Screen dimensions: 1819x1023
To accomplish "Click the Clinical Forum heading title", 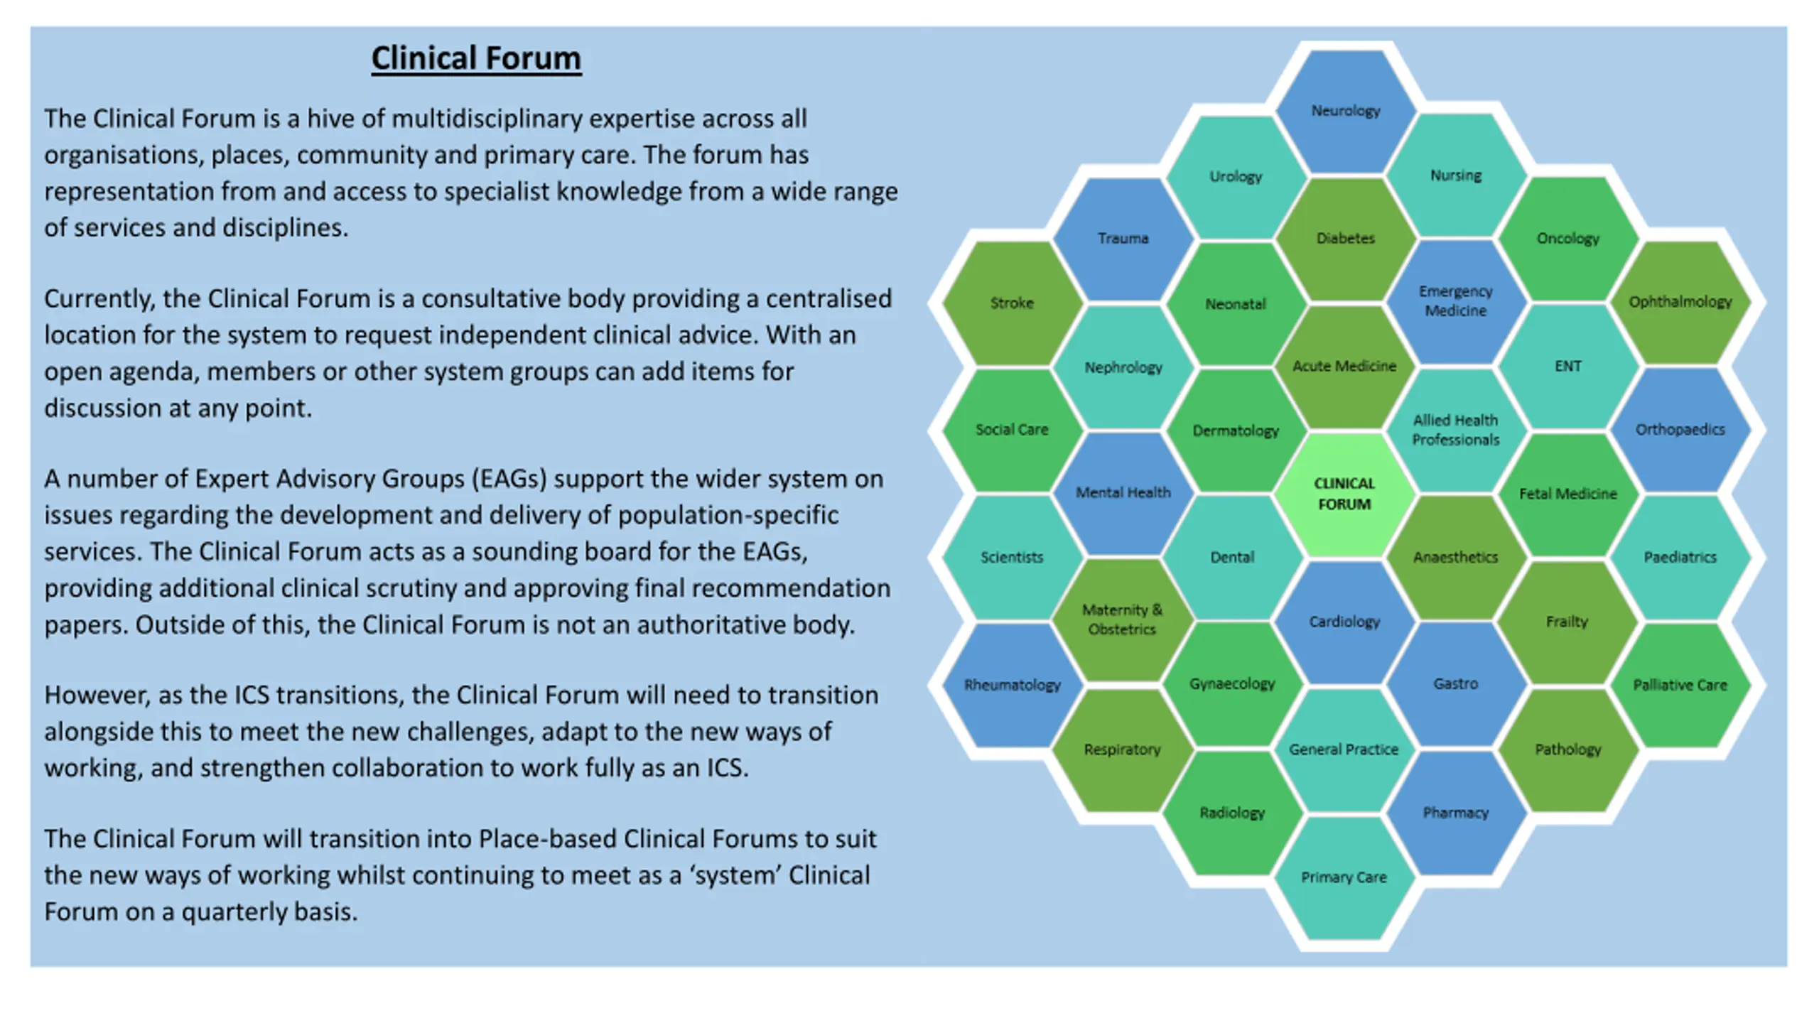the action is point(476,58).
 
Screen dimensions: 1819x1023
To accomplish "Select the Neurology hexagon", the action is point(1346,111).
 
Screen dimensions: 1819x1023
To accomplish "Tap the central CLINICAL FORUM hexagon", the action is point(1344,494).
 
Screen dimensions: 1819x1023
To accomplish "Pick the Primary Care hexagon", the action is point(1344,877).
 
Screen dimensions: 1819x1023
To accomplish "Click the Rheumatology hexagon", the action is point(1013,685).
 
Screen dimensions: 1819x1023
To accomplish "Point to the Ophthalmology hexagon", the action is point(1680,302).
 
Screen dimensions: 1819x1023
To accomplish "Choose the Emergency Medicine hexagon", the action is point(1456,301).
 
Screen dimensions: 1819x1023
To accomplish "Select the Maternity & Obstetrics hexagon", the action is point(1123,619).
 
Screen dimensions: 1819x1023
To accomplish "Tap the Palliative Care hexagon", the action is point(1680,685).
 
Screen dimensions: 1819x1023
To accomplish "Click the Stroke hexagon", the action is point(1013,303).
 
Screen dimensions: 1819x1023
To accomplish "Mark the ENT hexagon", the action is point(1568,367).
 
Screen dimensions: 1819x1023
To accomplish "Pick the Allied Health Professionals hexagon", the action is point(1456,430).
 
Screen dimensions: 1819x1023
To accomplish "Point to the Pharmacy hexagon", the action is point(1456,813).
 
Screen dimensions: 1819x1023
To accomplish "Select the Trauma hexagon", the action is point(1123,239).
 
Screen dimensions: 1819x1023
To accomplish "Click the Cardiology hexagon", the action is point(1344,622).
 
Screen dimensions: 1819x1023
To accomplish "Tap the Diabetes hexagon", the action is point(1346,239).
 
